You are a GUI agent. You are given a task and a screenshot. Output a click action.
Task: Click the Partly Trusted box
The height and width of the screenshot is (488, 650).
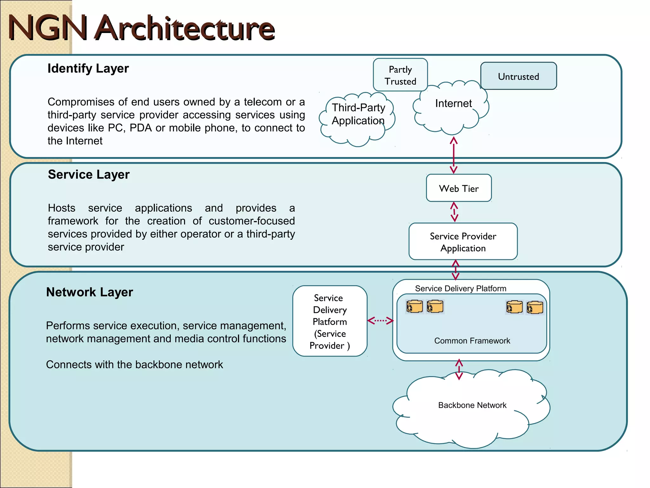400,75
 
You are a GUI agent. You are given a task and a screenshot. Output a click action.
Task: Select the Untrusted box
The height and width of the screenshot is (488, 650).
518,76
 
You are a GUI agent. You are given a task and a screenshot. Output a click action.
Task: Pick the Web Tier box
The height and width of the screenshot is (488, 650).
459,188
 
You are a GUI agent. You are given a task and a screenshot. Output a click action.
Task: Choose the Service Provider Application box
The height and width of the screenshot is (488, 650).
463,242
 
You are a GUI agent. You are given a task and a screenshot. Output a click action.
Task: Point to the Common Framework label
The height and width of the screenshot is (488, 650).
472,341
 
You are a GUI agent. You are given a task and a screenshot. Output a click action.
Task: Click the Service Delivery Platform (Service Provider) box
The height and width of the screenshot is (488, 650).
329,321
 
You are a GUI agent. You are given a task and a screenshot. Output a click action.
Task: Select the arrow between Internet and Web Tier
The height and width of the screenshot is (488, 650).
454,155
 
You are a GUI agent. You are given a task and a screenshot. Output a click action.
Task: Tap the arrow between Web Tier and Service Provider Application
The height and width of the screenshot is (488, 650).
454,212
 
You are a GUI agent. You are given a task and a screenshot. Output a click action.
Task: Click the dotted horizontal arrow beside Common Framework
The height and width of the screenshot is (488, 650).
380,321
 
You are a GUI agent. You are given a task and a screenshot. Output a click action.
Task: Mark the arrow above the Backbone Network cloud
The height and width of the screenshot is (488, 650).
459,369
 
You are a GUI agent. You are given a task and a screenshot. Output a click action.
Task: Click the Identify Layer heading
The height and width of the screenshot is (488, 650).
88,69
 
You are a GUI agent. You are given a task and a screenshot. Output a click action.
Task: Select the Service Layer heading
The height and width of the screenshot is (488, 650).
89,175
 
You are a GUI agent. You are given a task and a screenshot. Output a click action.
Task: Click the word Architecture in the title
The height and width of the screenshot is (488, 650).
185,29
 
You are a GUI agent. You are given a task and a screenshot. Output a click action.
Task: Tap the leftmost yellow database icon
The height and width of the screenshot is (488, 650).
415,307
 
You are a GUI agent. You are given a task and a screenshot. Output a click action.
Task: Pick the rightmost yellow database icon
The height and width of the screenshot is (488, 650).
535,308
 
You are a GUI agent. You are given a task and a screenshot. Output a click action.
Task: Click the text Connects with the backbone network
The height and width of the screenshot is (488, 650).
134,365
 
